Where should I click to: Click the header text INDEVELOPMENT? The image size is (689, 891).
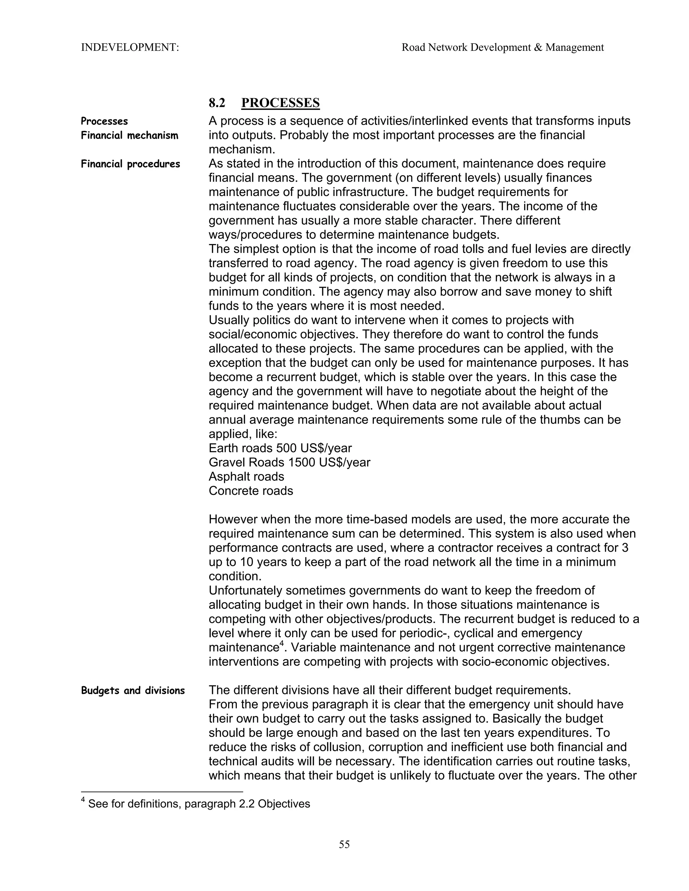pyautogui.click(x=130, y=48)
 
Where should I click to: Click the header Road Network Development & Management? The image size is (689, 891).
pyautogui.click(x=503, y=48)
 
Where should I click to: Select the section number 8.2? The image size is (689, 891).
pyautogui.click(x=217, y=103)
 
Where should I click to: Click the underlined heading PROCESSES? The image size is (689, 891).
pyautogui.click(x=281, y=103)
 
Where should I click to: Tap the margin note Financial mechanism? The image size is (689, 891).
pyautogui.click(x=130, y=135)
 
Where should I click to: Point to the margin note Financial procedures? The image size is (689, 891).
pyautogui.click(x=130, y=164)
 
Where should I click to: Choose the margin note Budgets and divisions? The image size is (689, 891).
pyautogui.click(x=133, y=691)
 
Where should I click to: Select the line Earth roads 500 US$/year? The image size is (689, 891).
pyautogui.click(x=280, y=448)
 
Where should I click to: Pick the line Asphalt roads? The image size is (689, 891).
pyautogui.click(x=246, y=477)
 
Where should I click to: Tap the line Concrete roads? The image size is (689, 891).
pyautogui.click(x=251, y=491)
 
